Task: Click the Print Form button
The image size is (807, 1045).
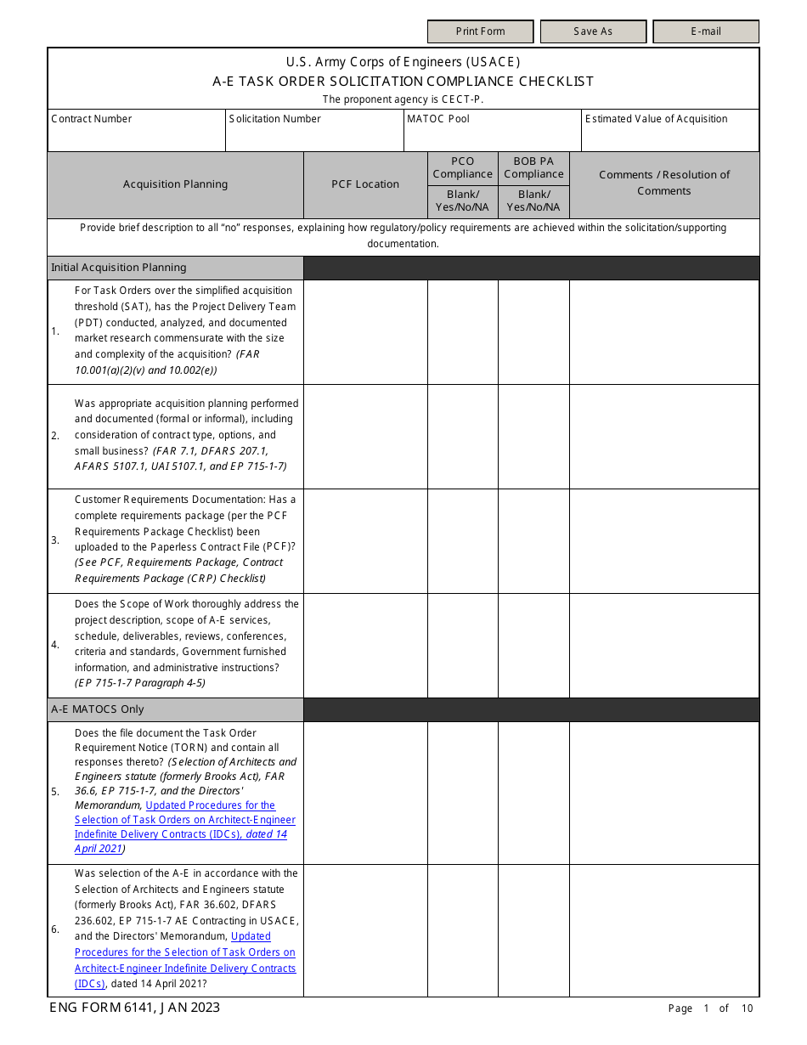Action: (x=480, y=31)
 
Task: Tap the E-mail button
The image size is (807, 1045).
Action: (x=705, y=31)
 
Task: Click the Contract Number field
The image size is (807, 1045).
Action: (x=136, y=136)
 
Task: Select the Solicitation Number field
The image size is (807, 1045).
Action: (x=314, y=136)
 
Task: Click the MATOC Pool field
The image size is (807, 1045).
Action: (x=493, y=136)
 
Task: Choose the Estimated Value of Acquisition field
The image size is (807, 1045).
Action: (x=669, y=136)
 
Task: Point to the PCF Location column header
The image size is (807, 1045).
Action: (x=365, y=184)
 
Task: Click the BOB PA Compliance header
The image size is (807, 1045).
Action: (x=533, y=167)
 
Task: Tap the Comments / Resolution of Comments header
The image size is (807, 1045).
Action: (x=664, y=183)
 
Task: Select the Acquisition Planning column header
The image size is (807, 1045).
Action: (x=175, y=184)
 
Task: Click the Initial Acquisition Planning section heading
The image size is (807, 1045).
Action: (x=119, y=268)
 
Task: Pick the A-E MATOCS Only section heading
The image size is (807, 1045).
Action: (x=98, y=709)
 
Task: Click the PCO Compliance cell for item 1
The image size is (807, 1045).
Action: (x=462, y=331)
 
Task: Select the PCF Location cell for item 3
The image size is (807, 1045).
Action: (x=365, y=540)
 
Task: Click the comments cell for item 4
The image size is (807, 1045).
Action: (x=664, y=645)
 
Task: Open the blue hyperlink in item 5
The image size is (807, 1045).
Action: (x=185, y=820)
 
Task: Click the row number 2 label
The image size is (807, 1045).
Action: (x=55, y=436)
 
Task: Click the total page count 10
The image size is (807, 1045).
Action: (x=747, y=1008)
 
